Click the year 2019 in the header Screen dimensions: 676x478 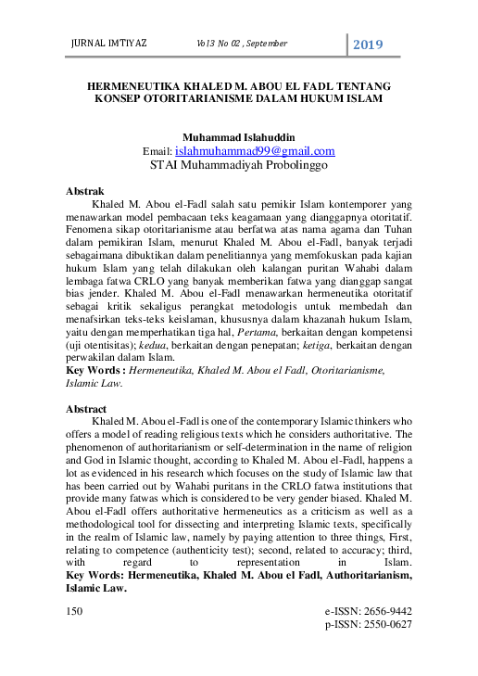367,45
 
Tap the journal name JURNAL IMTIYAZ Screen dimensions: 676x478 109,44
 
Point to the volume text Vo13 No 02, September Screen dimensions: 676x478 242,44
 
